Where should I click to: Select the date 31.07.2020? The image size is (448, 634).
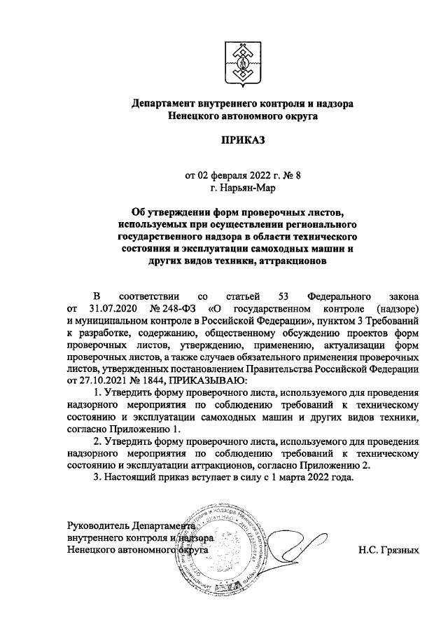click(108, 308)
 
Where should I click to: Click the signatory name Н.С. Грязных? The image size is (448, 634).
click(388, 550)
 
